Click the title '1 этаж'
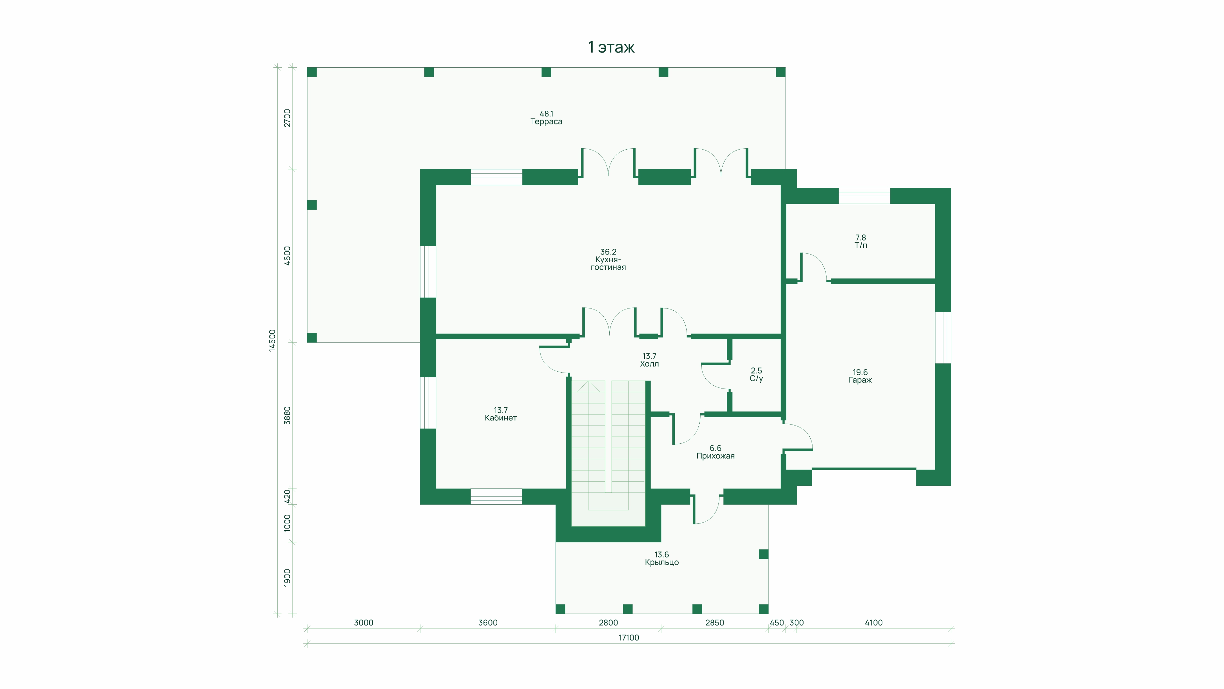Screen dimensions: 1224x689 [x=611, y=47]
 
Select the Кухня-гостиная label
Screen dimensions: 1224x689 [x=608, y=260]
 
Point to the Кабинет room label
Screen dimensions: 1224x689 [x=500, y=414]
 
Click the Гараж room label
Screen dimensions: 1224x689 [x=860, y=376]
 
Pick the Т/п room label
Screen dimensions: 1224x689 [x=861, y=241]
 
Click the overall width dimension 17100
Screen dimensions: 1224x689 [x=629, y=638]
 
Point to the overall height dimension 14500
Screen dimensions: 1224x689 [x=272, y=340]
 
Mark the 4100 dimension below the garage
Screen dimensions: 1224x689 [x=873, y=622]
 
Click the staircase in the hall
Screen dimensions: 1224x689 [x=608, y=452]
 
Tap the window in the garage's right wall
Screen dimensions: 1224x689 [x=943, y=337]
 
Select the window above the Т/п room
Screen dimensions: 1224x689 [x=864, y=196]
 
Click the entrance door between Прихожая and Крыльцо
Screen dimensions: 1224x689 [x=707, y=509]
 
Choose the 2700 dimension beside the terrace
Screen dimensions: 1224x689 [x=287, y=118]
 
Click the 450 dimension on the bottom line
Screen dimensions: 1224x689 [x=776, y=622]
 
